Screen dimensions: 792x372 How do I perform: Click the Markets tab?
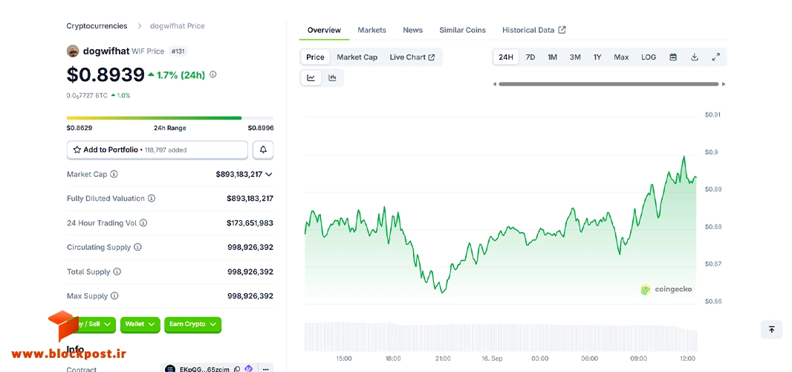pos(371,30)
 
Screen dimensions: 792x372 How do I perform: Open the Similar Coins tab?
pos(462,30)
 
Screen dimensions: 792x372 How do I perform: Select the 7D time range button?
pos(530,57)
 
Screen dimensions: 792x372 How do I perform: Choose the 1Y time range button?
pos(597,57)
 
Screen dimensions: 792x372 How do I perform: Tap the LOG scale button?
pos(649,57)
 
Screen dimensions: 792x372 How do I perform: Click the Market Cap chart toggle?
pos(357,57)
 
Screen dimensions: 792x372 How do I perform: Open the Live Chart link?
pos(412,57)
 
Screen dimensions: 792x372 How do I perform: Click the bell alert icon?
pos(263,150)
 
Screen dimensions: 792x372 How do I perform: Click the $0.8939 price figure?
pos(106,74)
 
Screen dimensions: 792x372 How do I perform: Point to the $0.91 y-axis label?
pos(713,115)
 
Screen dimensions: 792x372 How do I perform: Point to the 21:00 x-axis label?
pos(443,359)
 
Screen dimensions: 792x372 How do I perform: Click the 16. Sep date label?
pos(491,359)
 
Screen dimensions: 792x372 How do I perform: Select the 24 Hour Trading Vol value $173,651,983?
pos(250,222)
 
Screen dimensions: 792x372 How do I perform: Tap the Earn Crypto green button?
pos(193,324)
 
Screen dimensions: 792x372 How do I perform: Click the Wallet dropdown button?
pos(140,324)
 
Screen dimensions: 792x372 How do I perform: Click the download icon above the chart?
pos(695,57)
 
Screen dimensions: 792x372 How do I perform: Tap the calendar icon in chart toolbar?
pos(673,57)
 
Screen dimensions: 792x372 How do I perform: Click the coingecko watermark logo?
pos(666,289)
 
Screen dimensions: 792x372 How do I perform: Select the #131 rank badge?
pos(178,51)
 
